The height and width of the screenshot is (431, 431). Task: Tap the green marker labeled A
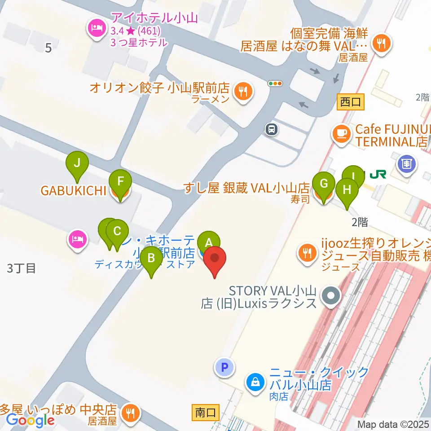pyautogui.click(x=208, y=242)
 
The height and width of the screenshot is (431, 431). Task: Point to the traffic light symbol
pyautogui.click(x=275, y=83)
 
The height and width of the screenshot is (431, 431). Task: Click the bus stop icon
pyautogui.click(x=272, y=130)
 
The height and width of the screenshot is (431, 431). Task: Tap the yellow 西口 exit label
pyautogui.click(x=351, y=102)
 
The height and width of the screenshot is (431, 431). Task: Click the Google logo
pyautogui.click(x=30, y=420)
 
